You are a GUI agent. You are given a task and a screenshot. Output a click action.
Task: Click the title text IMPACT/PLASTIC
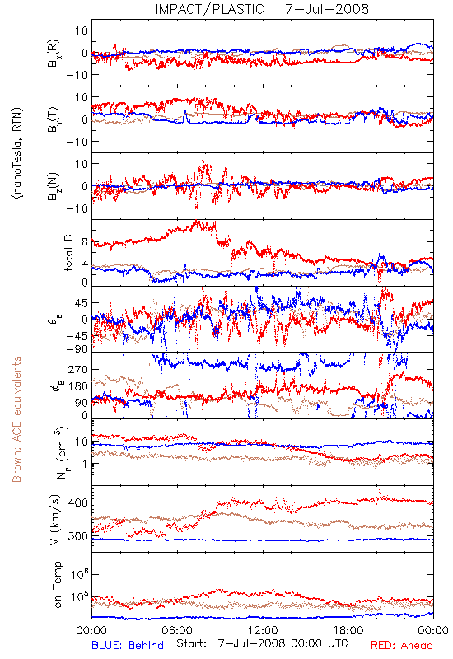tap(209, 9)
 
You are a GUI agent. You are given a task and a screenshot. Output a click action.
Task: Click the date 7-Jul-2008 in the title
tap(327, 9)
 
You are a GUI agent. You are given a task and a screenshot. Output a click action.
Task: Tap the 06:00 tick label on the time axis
tap(177, 630)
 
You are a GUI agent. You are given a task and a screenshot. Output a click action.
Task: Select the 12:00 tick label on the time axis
tap(263, 630)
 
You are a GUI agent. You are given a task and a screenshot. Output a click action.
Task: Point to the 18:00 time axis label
tap(348, 630)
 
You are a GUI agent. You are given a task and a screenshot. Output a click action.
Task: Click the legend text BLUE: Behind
tap(128, 645)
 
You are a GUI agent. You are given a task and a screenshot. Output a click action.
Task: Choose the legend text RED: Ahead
tap(402, 645)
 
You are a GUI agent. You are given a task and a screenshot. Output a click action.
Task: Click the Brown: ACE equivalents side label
tap(16, 419)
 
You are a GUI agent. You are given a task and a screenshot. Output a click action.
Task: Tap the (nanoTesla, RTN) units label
tap(17, 153)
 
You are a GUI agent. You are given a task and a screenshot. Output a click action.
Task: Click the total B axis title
tap(68, 253)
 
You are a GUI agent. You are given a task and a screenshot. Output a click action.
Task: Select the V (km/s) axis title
tap(55, 520)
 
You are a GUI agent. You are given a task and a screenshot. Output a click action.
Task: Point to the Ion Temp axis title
tap(57, 586)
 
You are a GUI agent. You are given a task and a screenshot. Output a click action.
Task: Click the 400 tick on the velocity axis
tap(78, 502)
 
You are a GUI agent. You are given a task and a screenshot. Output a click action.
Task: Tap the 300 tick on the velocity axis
tap(78, 536)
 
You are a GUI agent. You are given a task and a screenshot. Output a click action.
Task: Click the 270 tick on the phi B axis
tap(78, 369)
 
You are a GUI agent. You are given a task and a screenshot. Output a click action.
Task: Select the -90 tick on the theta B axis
tap(77, 349)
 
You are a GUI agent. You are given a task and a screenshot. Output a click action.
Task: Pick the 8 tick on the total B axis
tap(86, 242)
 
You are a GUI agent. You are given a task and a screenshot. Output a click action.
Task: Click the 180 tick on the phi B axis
tap(78, 386)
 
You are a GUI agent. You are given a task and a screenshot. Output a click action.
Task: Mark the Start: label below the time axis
tap(192, 644)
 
